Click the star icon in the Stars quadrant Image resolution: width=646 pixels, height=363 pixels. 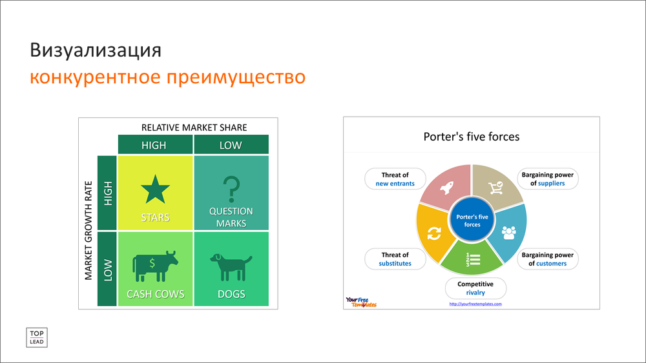155,189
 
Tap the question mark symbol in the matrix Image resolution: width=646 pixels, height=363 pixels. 231,189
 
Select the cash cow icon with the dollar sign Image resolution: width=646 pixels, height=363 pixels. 155,266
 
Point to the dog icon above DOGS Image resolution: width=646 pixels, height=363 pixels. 231,267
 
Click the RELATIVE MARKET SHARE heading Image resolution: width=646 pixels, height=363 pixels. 194,128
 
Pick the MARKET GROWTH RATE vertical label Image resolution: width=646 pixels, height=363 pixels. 88,231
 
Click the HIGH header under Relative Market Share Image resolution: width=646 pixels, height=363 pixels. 154,145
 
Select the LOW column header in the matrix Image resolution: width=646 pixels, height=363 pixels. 231,145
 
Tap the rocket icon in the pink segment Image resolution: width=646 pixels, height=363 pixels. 447,188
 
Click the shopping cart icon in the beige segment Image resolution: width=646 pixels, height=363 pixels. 495,188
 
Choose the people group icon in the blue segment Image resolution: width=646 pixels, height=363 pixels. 509,233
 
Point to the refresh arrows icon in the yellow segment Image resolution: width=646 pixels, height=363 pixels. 434,233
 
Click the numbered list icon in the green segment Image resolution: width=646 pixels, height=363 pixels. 473,259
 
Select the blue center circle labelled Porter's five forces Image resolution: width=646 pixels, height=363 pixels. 472,221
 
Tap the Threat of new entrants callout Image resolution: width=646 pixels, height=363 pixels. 395,179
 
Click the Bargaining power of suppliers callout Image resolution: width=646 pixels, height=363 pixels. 548,179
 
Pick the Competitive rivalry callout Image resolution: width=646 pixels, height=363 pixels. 475,288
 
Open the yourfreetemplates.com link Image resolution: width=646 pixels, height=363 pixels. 475,304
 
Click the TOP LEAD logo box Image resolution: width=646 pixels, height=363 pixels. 37,337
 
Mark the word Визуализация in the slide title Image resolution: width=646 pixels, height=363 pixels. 96,50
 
